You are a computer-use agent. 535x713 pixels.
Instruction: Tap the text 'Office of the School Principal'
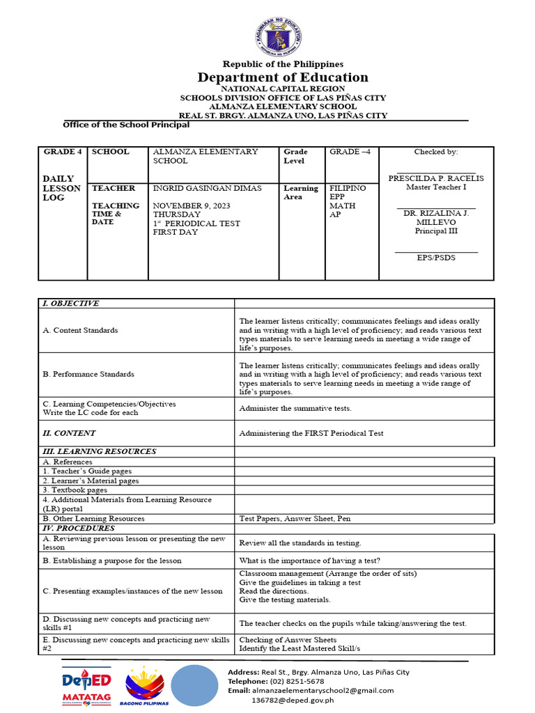126,125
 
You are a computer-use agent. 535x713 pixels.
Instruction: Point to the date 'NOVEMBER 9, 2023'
192,206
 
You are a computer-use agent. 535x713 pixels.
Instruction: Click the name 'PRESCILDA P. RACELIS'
436,178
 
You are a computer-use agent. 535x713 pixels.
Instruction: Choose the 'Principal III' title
436,231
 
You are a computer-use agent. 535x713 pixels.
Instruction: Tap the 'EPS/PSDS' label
436,258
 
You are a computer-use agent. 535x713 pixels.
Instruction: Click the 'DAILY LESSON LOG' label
62,188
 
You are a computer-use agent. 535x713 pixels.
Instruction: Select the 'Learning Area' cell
301,193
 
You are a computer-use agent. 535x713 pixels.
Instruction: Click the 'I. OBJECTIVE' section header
71,304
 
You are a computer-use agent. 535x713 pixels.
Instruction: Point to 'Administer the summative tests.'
295,409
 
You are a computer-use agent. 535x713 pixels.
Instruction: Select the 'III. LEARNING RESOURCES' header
100,451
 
